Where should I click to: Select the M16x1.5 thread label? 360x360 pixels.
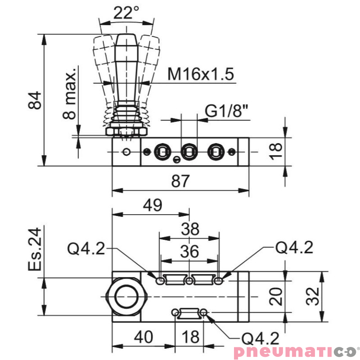[201, 74]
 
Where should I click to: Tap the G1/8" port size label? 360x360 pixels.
[227, 111]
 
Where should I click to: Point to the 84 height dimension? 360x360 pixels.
[35, 100]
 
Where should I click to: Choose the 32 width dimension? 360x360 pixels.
[313, 297]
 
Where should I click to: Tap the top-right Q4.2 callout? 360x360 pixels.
[294, 247]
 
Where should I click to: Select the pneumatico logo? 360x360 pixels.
[294, 351]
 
